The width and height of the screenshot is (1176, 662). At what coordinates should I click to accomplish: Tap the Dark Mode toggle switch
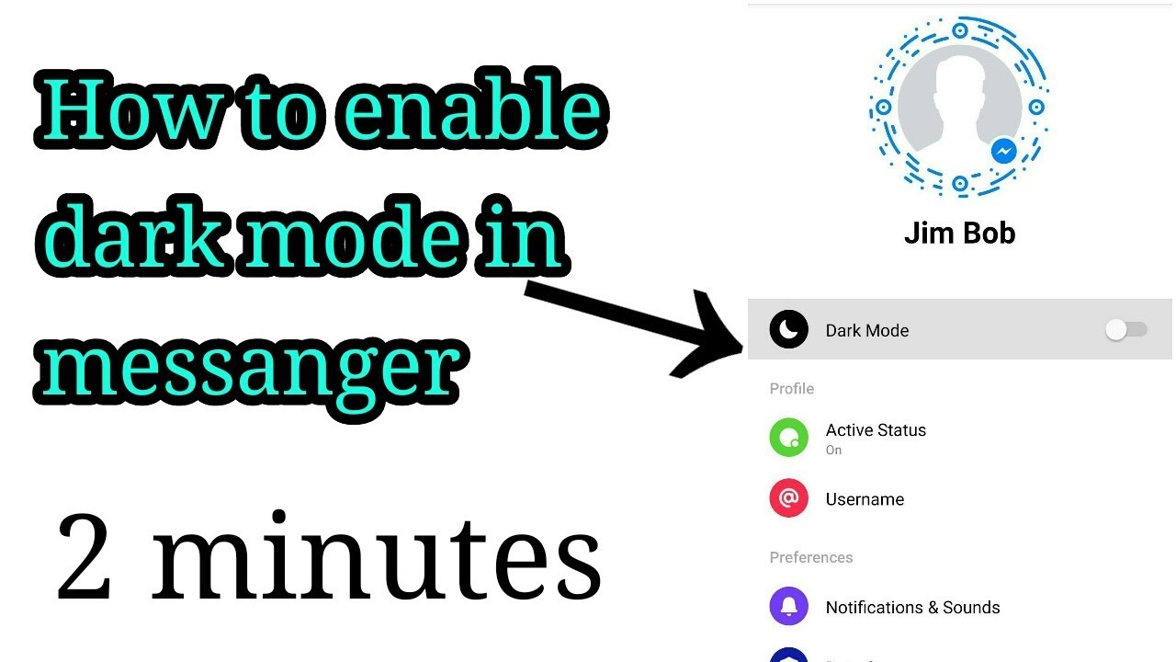click(1126, 330)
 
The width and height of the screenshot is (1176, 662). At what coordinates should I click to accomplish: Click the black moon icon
click(788, 330)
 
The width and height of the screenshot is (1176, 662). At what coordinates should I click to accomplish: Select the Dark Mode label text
click(866, 331)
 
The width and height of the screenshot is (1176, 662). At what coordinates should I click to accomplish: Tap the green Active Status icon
click(788, 438)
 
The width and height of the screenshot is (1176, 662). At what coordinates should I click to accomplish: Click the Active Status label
click(876, 430)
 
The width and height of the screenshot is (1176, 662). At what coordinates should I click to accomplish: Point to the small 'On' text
click(833, 451)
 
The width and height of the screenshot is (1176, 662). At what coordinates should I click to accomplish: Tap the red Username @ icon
click(788, 498)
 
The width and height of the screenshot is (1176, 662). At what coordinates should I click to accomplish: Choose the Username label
click(865, 499)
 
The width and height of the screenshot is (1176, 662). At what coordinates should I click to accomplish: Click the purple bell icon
click(788, 607)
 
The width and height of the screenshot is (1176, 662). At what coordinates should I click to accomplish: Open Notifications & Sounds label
click(912, 608)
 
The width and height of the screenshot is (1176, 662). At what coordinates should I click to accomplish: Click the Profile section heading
click(791, 389)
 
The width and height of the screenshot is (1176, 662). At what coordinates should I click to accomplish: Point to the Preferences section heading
click(810, 557)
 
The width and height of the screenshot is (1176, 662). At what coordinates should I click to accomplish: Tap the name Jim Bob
click(959, 234)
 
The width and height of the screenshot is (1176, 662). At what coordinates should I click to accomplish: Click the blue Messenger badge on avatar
click(1004, 151)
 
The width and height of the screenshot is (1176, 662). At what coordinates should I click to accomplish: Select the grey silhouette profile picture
click(957, 106)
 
